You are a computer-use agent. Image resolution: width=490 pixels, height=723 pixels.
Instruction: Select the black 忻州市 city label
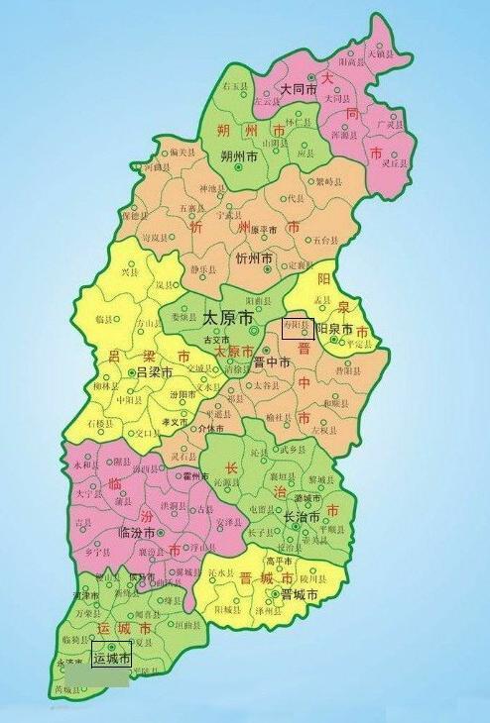tap(254, 258)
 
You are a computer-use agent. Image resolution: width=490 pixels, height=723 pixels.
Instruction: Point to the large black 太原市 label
tap(228, 319)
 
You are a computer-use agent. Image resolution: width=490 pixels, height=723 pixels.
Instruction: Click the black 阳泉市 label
tap(335, 329)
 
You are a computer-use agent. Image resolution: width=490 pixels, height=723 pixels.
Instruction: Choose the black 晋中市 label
tap(271, 362)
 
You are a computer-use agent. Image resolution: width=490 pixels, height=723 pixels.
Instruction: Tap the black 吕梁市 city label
tap(155, 372)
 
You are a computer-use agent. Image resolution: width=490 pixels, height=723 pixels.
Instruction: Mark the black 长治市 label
tap(302, 518)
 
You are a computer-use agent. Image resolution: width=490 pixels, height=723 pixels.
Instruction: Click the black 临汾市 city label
tap(138, 533)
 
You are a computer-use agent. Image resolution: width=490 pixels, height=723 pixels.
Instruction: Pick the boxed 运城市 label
tap(111, 657)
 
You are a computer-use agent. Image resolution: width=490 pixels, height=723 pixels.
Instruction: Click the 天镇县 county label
tap(382, 52)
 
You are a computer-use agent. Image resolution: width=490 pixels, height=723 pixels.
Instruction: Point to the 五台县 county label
tap(326, 241)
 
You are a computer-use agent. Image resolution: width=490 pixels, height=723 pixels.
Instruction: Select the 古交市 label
tap(216, 339)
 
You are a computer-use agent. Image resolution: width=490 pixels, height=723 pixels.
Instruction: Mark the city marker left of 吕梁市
tap(131, 372)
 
